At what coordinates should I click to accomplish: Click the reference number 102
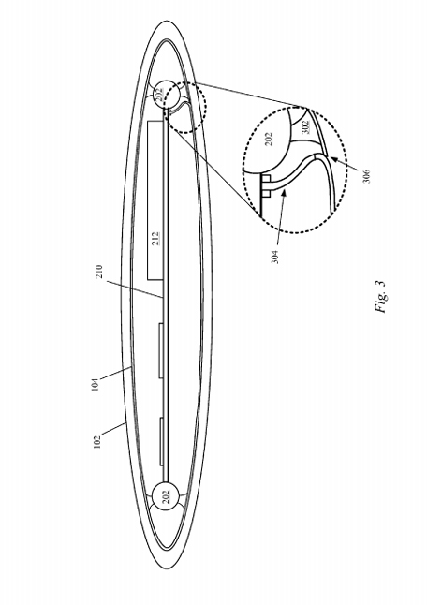[x=96, y=442]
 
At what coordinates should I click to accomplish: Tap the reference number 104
[x=95, y=384]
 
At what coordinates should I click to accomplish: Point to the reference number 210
[x=98, y=272]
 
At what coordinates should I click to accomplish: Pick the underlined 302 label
[x=306, y=127]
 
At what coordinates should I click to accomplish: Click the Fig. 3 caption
[x=380, y=296]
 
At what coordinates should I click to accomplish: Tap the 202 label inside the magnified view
[x=270, y=139]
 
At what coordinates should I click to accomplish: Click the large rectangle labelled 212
[x=155, y=200]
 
